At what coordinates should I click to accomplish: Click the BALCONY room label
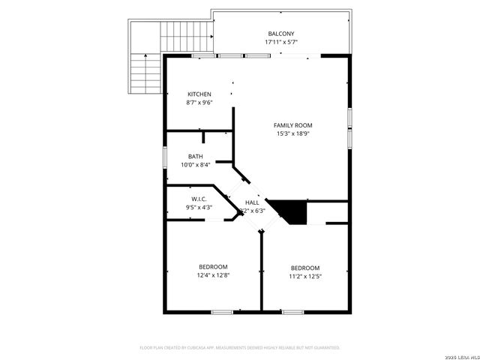281,33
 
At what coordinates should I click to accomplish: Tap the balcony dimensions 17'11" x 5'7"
281,42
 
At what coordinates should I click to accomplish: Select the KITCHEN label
199,94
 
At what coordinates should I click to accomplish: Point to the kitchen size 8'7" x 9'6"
199,102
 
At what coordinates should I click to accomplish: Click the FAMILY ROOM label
292,125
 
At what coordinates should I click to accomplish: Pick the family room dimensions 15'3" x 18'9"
292,133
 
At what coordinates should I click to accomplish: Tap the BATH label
195,156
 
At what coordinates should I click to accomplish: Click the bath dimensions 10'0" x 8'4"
195,165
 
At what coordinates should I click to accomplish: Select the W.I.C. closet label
199,199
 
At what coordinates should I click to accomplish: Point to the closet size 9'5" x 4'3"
199,207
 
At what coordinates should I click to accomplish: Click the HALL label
252,202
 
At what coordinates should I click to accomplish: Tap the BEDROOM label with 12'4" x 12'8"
213,266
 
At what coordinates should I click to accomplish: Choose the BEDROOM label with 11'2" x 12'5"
305,268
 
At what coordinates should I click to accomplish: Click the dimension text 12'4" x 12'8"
213,275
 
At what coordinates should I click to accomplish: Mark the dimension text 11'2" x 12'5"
305,276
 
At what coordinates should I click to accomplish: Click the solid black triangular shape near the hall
294,210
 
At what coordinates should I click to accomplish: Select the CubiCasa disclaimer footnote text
240,348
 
